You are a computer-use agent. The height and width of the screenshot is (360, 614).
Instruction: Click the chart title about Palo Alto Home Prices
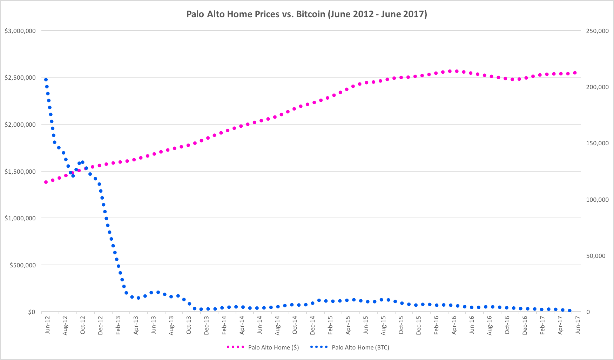pos(306,14)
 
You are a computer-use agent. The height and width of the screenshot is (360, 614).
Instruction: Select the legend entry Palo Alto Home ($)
pos(273,347)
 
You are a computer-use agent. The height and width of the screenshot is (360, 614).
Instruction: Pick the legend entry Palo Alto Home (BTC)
pos(360,347)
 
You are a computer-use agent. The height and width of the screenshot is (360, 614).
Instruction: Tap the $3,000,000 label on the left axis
pos(20,31)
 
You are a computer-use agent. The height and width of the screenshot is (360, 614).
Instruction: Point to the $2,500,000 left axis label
pos(20,78)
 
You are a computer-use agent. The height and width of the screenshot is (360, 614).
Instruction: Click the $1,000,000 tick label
pos(20,218)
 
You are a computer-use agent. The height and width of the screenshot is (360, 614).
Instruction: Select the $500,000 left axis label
pos(22,265)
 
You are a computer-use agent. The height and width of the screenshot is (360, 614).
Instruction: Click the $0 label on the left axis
pos(32,312)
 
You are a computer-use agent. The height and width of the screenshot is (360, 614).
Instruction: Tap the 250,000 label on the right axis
pos(597,31)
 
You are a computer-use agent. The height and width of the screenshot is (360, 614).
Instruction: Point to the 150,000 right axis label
pos(597,143)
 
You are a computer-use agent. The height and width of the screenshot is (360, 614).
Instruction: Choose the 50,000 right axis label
pos(596,256)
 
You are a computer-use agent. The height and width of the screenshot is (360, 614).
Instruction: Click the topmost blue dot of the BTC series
pos(46,80)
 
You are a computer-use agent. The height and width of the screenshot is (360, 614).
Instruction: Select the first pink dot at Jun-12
pos(46,182)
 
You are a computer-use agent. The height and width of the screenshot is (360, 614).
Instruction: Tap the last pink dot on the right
pos(575,73)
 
